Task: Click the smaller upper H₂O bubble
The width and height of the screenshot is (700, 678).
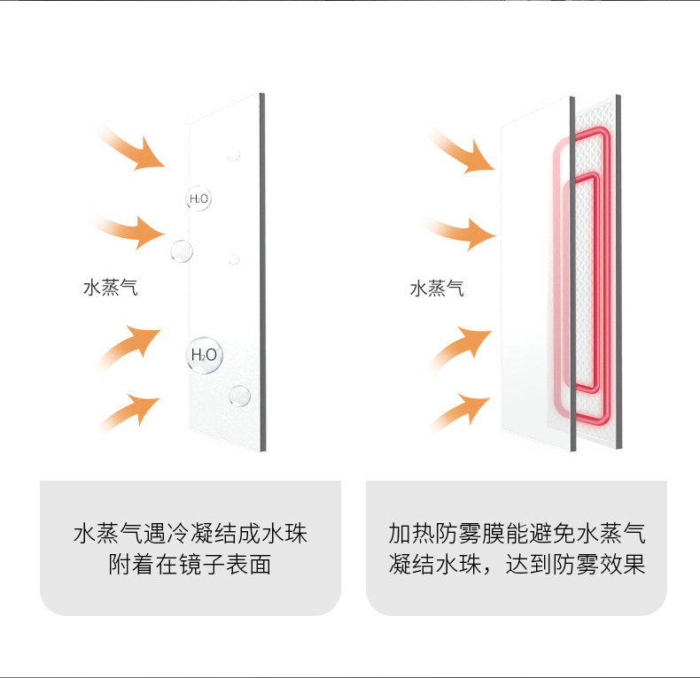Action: (x=198, y=199)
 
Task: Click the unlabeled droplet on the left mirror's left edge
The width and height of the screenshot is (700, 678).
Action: (x=182, y=250)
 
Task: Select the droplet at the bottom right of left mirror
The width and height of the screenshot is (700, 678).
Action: (x=239, y=394)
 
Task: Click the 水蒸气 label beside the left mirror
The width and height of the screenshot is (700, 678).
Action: (x=111, y=288)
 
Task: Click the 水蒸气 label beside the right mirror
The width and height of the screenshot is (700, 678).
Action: (x=437, y=289)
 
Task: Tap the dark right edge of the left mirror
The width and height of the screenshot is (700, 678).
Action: (x=262, y=274)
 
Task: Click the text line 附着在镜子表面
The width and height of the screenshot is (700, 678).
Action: (x=190, y=564)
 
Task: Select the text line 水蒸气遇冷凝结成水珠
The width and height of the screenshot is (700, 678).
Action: (x=190, y=534)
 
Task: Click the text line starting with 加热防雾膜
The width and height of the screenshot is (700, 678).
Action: (x=516, y=534)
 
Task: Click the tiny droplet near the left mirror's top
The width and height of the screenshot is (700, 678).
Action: (x=234, y=154)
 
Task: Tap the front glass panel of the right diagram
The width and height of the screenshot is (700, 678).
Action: (x=527, y=283)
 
